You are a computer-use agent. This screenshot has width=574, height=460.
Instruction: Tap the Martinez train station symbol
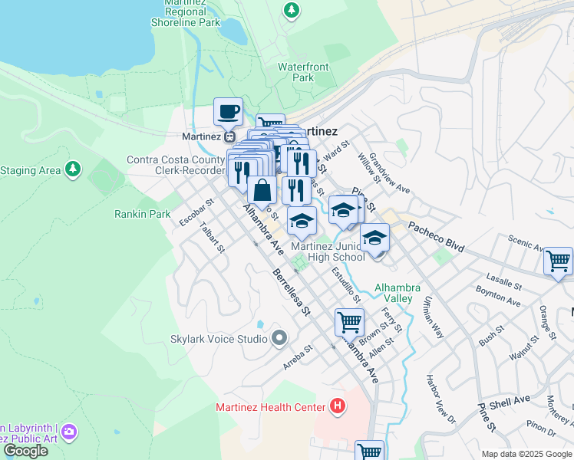[x=229, y=136]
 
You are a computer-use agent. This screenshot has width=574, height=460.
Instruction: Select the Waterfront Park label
[x=303, y=72]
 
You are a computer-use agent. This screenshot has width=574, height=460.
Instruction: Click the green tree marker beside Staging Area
[x=72, y=169]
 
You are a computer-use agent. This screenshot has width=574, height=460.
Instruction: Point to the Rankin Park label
[x=143, y=215]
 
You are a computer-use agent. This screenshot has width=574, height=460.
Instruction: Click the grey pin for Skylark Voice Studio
[x=279, y=338]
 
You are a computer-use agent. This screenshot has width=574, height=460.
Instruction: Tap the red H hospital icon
[x=336, y=406]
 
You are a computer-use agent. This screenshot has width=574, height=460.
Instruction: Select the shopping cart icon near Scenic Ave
[x=557, y=261]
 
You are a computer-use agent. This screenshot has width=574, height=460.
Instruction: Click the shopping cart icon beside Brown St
[x=349, y=321]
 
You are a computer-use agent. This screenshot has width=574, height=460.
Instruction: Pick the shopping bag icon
[x=262, y=190]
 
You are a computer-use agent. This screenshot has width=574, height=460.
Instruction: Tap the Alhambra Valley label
[x=397, y=293]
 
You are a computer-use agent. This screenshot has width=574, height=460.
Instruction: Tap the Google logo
[x=26, y=451]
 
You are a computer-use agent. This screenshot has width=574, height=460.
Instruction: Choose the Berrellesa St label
[x=291, y=291]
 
